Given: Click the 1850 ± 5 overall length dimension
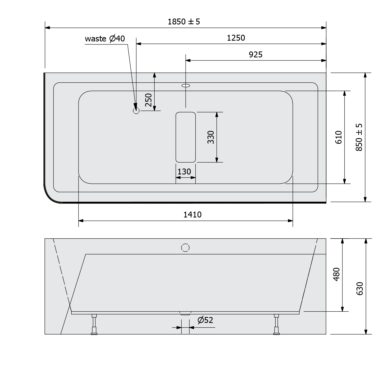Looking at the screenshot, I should pos(184,22).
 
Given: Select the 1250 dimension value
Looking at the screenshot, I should pos(236,38).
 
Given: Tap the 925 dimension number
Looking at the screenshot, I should pos(256,55).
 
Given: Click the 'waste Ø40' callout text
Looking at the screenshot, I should pos(105,39).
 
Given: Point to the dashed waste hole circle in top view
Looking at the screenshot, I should pos(136,111).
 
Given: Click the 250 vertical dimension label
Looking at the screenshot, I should pos(148,100).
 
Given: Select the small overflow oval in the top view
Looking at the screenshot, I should pos(186,85).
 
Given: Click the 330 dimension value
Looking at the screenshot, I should pos(211,137).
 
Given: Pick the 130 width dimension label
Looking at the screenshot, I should pos(184,171).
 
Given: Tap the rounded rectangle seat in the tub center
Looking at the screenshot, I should pos(186,137).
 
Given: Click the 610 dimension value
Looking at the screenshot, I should pos(338,137).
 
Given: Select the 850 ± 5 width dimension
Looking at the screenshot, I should pos(359,137).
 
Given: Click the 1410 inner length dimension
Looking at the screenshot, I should pos(192,214).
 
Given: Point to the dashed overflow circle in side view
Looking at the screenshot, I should pos(185,248).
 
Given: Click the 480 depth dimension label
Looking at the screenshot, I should pos(336,275).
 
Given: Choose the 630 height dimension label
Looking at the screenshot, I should pos(360,288).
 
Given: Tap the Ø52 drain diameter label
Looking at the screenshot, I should pos(205,320).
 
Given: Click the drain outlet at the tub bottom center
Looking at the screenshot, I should pos(185,313).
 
